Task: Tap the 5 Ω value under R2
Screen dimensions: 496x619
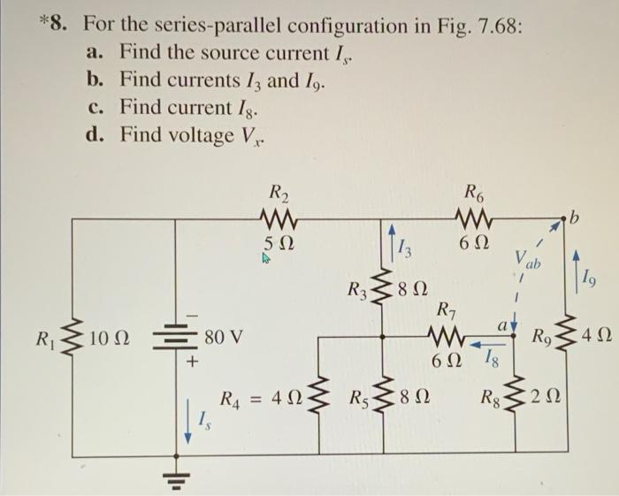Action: coord(280,242)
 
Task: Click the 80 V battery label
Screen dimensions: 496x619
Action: coord(225,337)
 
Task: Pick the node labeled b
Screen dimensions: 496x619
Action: coord(576,215)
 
